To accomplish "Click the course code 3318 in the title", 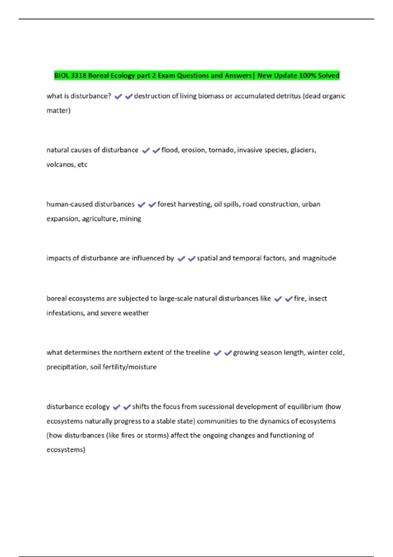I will (x=79, y=76).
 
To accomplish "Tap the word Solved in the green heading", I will (x=328, y=76).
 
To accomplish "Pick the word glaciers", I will (x=303, y=150).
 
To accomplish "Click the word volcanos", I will (x=61, y=164).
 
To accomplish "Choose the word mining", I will (x=130, y=219).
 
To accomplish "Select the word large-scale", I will (x=176, y=298).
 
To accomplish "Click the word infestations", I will (x=65, y=313).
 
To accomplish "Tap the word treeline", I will (x=198, y=353).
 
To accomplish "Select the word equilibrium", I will (x=305, y=407).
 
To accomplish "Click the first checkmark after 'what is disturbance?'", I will (x=118, y=96).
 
